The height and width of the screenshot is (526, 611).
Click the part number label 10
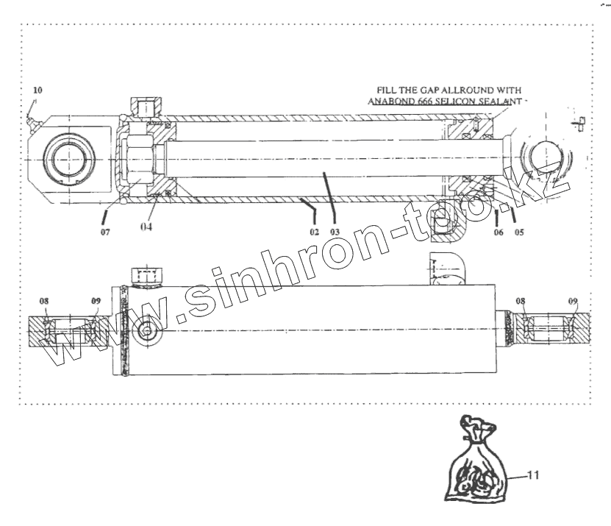(x=38, y=90)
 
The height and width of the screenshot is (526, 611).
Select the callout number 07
(x=106, y=232)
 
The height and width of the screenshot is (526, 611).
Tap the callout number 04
(x=147, y=227)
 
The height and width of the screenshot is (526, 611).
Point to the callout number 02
(x=314, y=231)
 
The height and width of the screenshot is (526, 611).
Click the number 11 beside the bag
(x=533, y=475)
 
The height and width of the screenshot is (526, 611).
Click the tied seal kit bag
(x=476, y=469)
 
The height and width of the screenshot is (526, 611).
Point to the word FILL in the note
(x=388, y=91)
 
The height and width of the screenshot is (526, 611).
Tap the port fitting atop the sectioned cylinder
(x=142, y=107)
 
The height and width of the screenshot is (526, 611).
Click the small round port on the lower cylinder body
(x=148, y=332)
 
